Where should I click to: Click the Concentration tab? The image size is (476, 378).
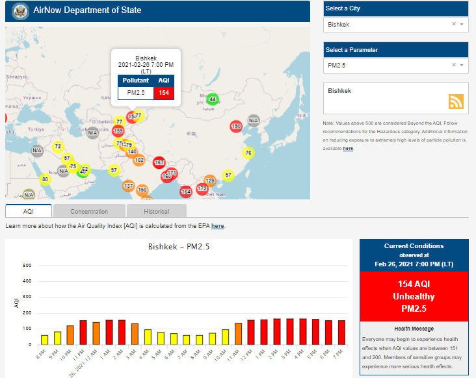(x=89, y=211)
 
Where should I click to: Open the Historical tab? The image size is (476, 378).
(x=156, y=211)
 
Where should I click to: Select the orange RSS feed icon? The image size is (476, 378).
(x=456, y=101)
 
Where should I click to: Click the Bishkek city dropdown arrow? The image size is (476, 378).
(x=461, y=25)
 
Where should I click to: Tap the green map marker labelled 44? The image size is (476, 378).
(x=213, y=99)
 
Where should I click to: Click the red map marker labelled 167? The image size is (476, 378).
(x=159, y=162)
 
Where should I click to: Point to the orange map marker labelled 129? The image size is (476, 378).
(x=210, y=180)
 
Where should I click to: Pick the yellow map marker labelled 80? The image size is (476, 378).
(x=45, y=179)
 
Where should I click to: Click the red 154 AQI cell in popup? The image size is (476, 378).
(x=164, y=93)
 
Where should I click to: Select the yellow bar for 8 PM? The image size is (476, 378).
(x=45, y=340)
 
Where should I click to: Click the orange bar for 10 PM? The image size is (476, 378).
(x=70, y=335)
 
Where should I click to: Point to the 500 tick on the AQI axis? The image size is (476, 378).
(x=27, y=266)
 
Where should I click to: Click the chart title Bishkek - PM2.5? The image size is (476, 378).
(x=179, y=247)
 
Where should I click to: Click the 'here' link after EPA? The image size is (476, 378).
(x=217, y=226)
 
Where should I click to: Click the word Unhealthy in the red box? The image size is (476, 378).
(x=414, y=296)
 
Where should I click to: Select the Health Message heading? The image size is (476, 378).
(x=414, y=329)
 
